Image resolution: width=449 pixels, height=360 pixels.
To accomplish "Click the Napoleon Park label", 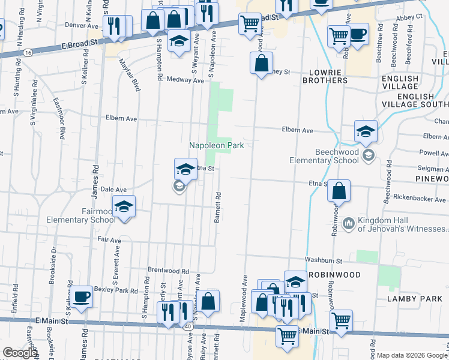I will pos(216,145).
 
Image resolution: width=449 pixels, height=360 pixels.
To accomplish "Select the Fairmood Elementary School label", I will pos(81,215).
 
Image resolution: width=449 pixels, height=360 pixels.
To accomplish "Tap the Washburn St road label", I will pos(322,261).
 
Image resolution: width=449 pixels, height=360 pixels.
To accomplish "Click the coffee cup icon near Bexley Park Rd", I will pos(80,296).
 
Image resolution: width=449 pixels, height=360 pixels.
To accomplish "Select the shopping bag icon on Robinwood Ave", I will pos(339,192).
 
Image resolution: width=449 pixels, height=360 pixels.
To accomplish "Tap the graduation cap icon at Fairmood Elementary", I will pos(124,207).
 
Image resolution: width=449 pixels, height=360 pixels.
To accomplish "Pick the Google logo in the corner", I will pos(20,353).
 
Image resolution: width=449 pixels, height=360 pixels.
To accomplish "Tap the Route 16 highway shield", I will pos(28,53).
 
